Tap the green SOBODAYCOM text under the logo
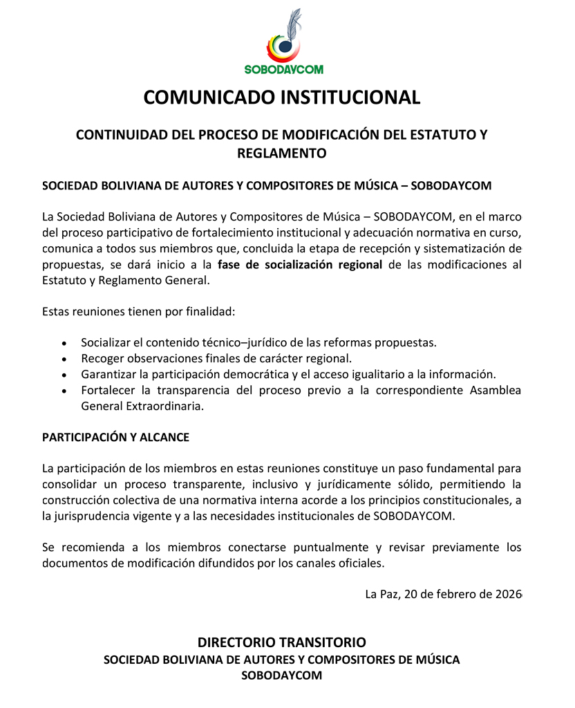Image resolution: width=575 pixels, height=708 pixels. (283, 69)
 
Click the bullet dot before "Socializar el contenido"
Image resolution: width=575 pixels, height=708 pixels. (64, 343)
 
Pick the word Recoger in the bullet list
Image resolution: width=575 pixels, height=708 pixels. (101, 358)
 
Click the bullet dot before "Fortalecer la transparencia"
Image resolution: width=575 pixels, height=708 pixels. (64, 391)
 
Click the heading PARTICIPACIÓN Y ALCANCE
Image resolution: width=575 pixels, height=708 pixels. (115, 438)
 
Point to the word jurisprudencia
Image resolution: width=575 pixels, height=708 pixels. (90, 515)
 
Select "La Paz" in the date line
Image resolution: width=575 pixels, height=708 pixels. (381, 595)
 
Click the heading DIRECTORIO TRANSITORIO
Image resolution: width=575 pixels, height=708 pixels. (281, 642)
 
